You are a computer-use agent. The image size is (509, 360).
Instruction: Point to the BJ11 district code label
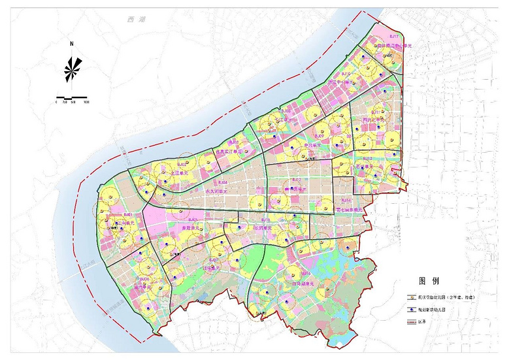tap(376, 112)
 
